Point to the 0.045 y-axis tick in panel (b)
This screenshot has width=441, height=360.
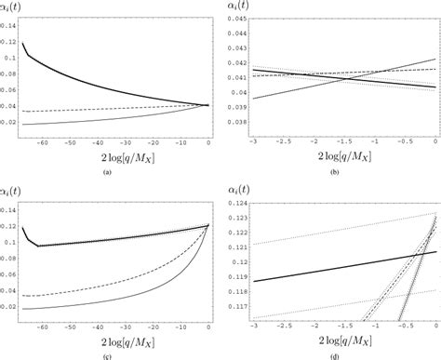(x=236, y=19)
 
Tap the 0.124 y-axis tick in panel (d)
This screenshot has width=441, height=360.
(x=236, y=204)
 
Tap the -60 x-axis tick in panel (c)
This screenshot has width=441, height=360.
(x=39, y=327)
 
